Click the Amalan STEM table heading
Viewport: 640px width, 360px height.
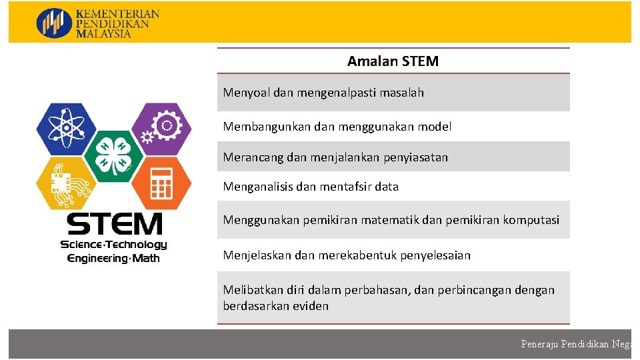(393, 61)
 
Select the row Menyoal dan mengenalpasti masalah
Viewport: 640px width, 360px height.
(323, 93)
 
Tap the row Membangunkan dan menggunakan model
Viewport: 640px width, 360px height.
(337, 127)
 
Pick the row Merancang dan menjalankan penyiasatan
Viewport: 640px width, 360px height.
(335, 158)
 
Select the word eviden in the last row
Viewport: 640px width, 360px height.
(311, 306)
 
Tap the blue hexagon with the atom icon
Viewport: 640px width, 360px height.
(66, 129)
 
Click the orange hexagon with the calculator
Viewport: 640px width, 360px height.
(161, 183)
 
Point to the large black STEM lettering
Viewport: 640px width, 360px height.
(114, 224)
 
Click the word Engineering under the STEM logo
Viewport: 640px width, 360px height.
(97, 258)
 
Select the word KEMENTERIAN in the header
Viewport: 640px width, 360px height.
(118, 13)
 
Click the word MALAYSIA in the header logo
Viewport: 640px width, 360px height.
(104, 34)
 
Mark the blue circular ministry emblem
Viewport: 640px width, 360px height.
(54, 23)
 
